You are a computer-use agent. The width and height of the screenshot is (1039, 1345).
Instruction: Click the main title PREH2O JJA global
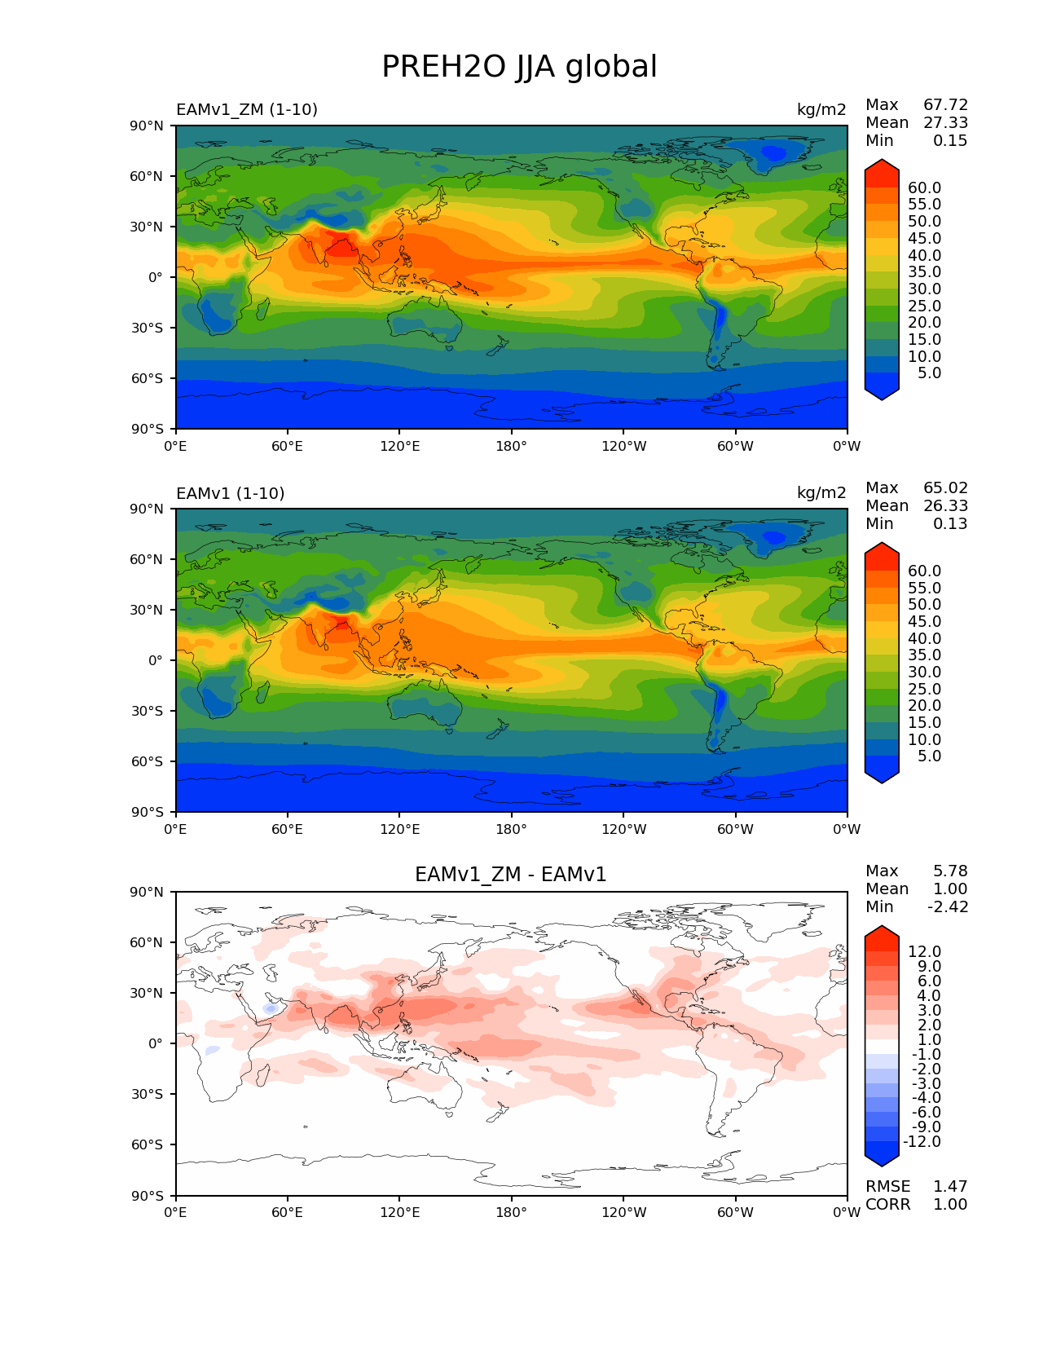(519, 67)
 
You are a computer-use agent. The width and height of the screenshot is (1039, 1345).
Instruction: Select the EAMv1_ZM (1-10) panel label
(247, 110)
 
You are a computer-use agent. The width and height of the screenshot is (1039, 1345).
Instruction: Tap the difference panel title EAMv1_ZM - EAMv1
(511, 875)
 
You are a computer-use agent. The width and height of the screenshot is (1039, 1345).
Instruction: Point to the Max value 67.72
(945, 105)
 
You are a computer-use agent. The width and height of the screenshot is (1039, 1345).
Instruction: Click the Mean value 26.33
(945, 506)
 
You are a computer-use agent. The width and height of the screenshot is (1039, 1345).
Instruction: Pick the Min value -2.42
(948, 907)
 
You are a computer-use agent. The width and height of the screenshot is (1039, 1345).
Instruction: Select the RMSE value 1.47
(950, 1187)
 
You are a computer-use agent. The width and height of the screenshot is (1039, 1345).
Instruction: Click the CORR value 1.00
(950, 1205)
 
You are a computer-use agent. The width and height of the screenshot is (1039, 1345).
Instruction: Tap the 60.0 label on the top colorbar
(924, 188)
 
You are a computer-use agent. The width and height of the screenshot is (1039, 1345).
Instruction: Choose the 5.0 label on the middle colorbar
(929, 756)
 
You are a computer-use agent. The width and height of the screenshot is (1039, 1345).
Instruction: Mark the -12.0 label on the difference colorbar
(922, 1142)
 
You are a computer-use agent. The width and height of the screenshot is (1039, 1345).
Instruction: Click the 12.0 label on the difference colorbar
(924, 952)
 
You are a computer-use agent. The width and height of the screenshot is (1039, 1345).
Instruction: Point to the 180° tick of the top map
(511, 447)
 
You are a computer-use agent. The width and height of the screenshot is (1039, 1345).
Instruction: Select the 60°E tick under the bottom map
(288, 1213)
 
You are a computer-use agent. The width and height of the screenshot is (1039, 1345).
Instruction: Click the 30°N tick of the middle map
(147, 610)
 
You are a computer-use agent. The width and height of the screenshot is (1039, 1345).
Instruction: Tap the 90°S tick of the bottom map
(147, 1196)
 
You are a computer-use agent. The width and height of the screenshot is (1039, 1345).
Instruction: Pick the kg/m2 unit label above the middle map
(821, 493)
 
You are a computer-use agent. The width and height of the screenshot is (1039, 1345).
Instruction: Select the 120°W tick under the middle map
(623, 830)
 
